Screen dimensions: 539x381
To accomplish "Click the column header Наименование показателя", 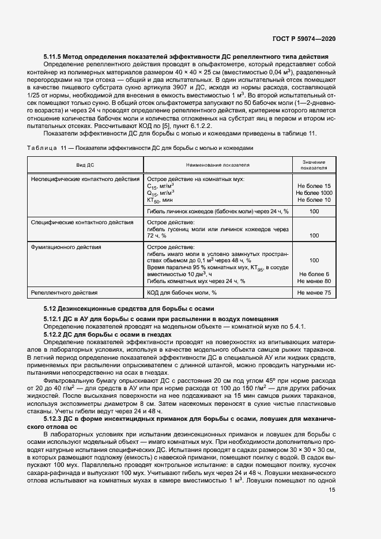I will tap(217, 165).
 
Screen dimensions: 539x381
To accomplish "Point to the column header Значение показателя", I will tap(314, 165).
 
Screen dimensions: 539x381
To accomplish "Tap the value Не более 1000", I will tap(314, 193).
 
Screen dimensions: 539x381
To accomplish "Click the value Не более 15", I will tap(314, 186).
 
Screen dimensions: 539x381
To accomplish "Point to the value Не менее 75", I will tap(314, 293).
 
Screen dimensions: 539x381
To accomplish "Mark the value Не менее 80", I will tap(314, 281).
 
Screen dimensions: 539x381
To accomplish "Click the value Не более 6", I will tap(314, 274).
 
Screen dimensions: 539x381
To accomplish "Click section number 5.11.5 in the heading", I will tap(56, 57).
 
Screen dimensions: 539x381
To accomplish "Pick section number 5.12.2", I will tap(56, 334).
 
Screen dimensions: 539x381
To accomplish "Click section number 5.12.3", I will tap(56, 419).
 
